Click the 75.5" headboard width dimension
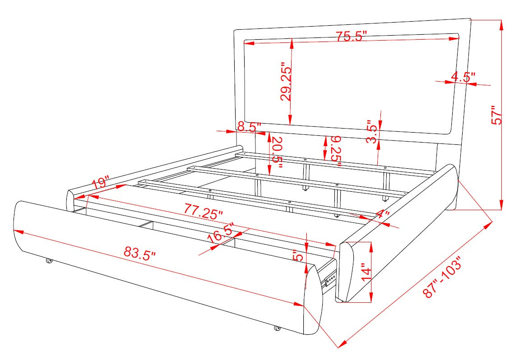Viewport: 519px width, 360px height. [x=351, y=36]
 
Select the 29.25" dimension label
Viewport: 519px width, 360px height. [x=286, y=82]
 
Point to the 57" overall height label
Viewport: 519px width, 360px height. [x=496, y=115]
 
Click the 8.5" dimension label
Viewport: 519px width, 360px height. [x=250, y=126]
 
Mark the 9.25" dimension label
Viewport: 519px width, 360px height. [x=336, y=151]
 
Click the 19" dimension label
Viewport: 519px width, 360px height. [x=100, y=183]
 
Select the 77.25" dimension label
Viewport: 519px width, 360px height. [x=204, y=212]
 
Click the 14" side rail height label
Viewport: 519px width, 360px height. [x=366, y=272]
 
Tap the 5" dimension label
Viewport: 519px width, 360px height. [x=298, y=256]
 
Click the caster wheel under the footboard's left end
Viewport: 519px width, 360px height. [x=49, y=261]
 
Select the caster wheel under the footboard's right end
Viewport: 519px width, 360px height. [x=277, y=328]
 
